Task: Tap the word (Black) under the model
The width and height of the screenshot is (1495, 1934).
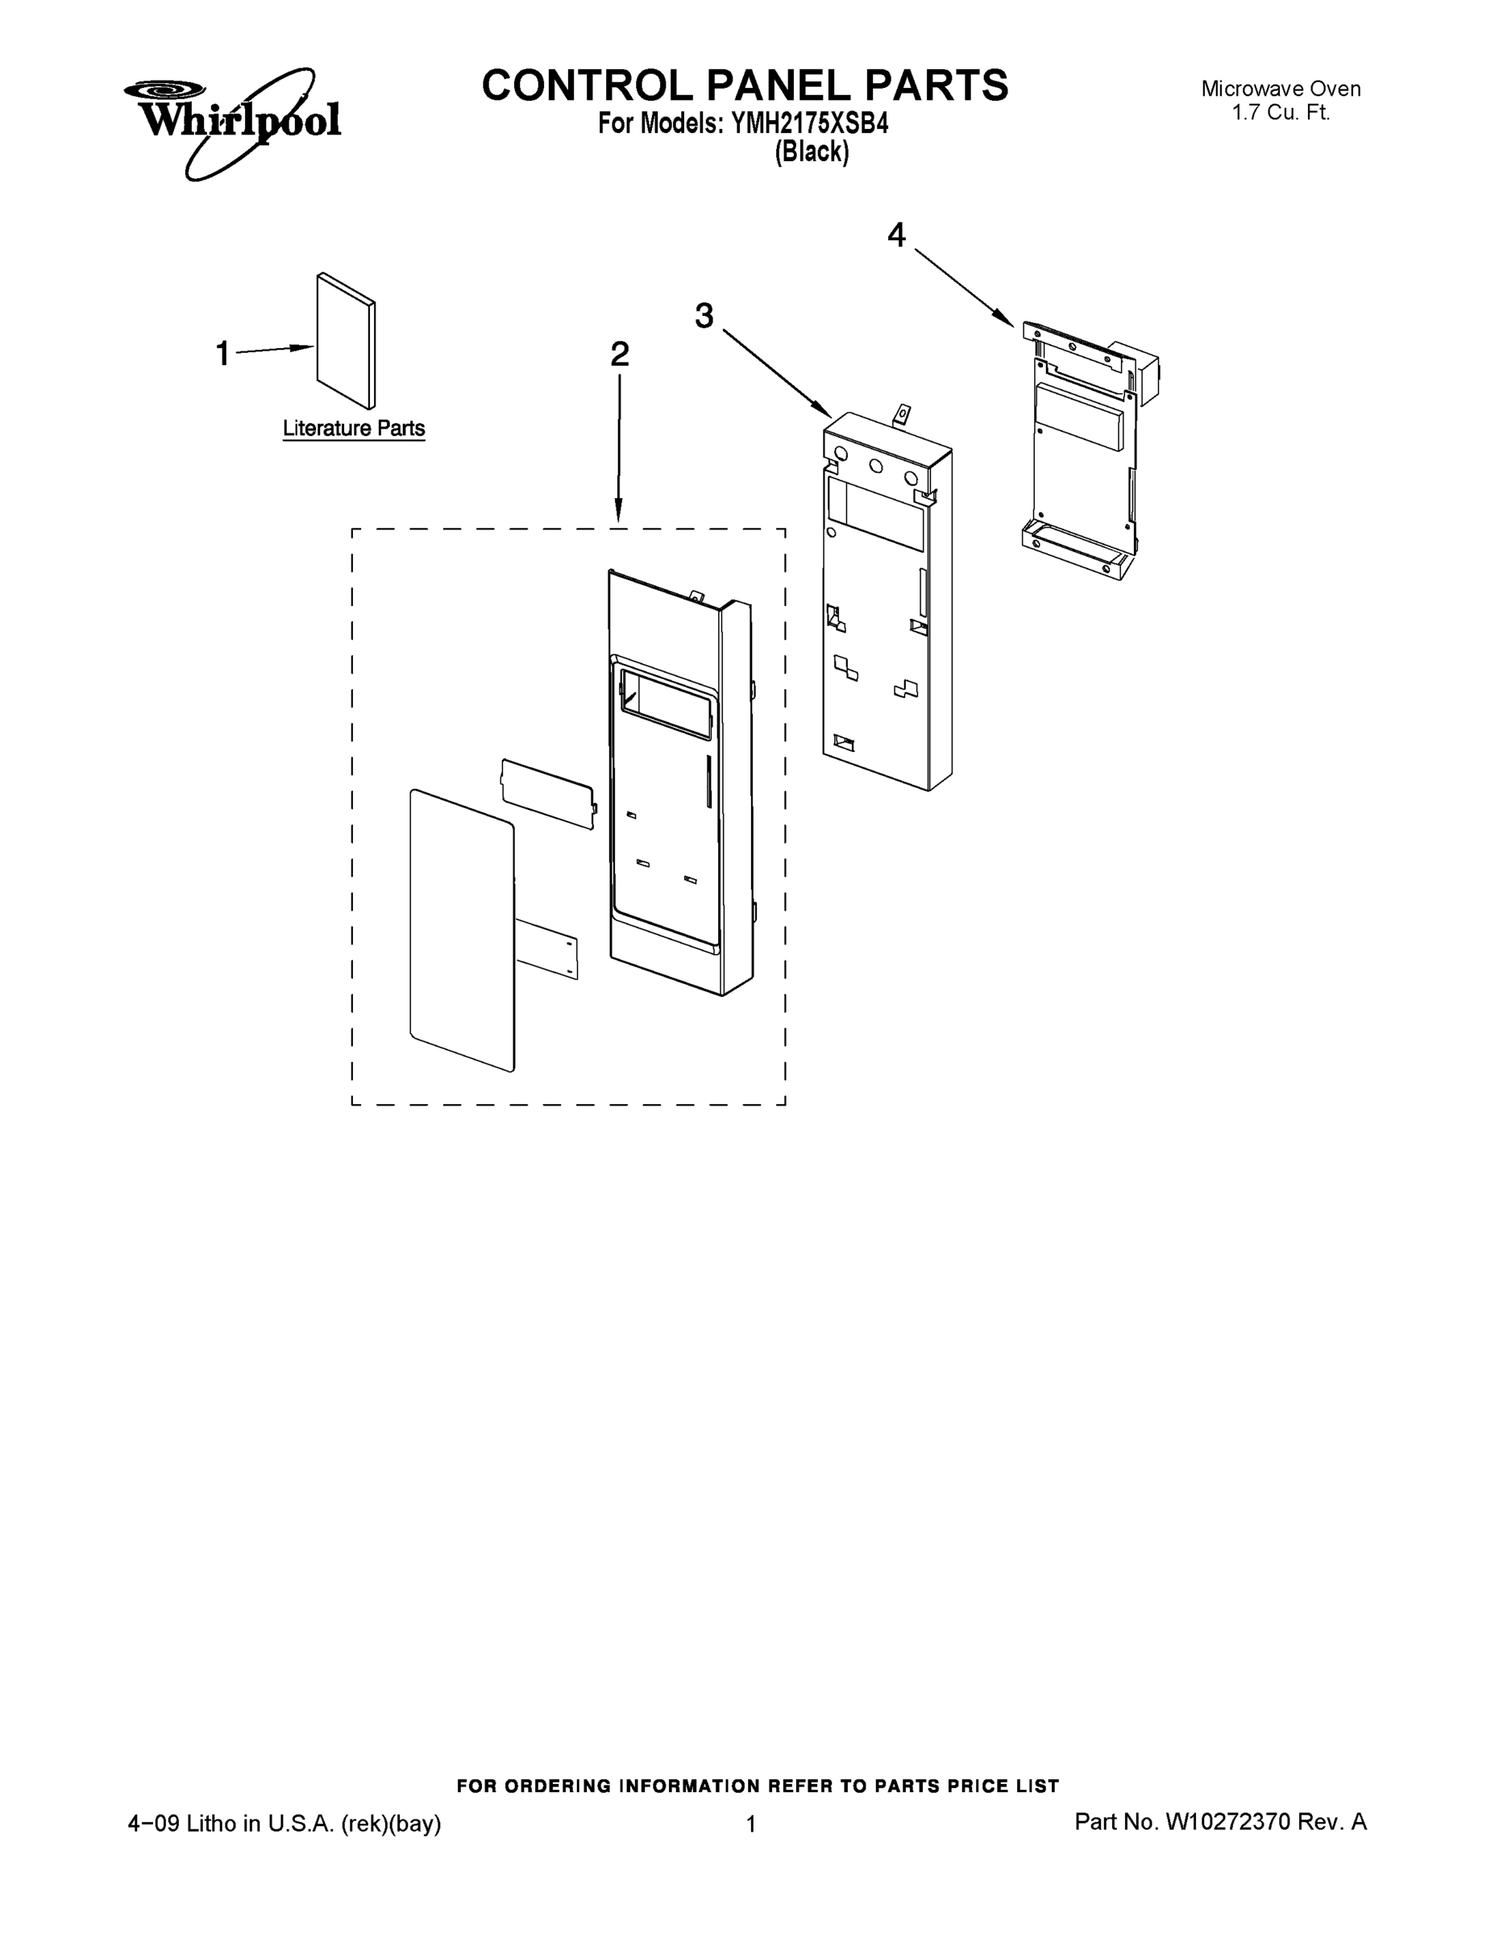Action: coord(812,152)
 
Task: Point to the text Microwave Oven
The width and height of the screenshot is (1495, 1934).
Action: coord(1280,89)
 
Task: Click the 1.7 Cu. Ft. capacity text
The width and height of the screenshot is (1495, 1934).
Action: coord(1281,113)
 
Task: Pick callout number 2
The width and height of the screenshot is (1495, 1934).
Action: coord(619,355)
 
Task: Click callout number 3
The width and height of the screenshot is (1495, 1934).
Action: coord(704,315)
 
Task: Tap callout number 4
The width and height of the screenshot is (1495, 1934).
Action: coord(896,235)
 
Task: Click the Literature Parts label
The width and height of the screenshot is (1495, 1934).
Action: coord(353,429)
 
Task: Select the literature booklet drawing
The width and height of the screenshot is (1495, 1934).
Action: coord(346,340)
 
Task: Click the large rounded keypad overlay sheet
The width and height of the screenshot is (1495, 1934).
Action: coord(462,930)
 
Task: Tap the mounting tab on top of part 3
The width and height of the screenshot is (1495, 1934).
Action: coord(902,413)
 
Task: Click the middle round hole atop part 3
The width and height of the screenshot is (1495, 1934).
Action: coord(875,467)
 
